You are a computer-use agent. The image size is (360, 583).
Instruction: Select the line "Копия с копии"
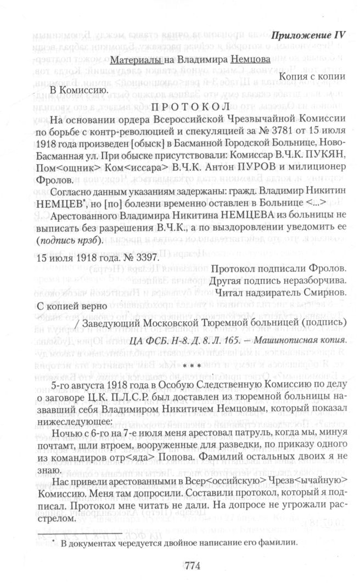coord(313,76)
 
